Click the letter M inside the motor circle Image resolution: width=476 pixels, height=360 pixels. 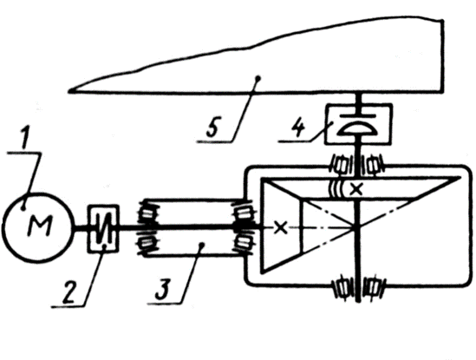click(x=40, y=226)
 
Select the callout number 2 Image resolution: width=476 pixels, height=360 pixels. click(x=69, y=292)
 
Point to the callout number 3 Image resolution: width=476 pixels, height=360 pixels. click(x=162, y=288)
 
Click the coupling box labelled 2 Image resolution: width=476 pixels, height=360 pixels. click(x=103, y=228)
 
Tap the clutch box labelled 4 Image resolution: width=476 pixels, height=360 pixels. click(x=359, y=124)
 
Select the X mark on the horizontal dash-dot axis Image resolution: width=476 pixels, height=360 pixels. click(x=281, y=227)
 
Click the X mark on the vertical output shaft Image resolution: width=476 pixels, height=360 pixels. click(x=356, y=189)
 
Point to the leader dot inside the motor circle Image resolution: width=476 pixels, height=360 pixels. click(x=23, y=208)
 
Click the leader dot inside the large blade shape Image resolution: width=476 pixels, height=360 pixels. click(x=258, y=79)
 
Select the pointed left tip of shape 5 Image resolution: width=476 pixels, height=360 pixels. click(x=69, y=90)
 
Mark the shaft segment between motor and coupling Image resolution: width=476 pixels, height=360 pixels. click(x=81, y=228)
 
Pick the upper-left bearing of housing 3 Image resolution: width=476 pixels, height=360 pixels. click(x=147, y=213)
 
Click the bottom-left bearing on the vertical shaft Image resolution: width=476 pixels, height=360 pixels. click(x=342, y=287)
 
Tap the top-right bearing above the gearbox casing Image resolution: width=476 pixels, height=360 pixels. click(x=374, y=167)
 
